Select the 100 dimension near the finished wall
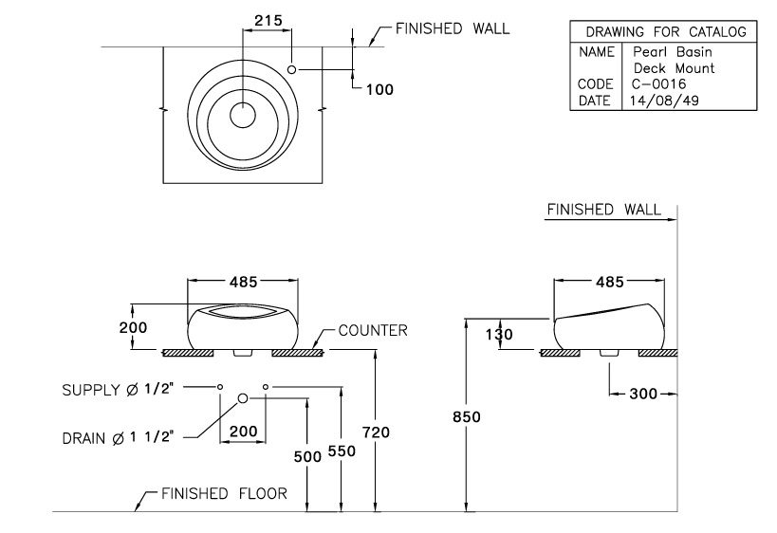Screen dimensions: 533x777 pos(379,89)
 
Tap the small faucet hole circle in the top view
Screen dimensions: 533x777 pos(292,70)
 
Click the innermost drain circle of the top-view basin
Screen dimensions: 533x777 pos(244,115)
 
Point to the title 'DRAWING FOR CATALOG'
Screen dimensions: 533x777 pos(665,32)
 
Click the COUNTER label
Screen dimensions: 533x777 pos(373,331)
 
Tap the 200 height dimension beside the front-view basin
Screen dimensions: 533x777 pos(134,327)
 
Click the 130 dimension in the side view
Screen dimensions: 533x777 pos(499,335)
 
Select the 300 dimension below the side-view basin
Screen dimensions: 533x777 pos(644,394)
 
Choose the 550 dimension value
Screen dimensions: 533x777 pos(342,452)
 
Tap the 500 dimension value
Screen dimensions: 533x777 pos(307,456)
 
